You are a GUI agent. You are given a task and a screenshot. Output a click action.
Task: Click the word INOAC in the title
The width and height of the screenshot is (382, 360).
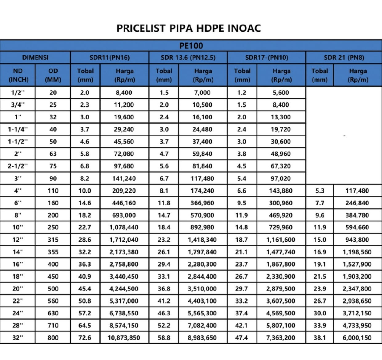pyautogui.click(x=244, y=28)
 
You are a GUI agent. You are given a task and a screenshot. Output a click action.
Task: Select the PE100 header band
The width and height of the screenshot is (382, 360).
pyautogui.click(x=191, y=46)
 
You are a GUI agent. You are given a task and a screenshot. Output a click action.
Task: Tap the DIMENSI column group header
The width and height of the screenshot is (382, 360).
pyautogui.click(x=35, y=57)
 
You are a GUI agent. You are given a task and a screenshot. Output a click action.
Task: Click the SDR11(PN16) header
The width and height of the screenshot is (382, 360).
pyautogui.click(x=110, y=57)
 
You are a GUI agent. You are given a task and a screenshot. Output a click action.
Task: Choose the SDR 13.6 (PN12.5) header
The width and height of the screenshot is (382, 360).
pyautogui.click(x=188, y=57)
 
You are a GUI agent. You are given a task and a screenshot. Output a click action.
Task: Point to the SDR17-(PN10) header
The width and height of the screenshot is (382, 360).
pyautogui.click(x=267, y=57)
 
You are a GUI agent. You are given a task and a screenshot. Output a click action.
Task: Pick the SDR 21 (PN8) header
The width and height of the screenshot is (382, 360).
pyautogui.click(x=344, y=57)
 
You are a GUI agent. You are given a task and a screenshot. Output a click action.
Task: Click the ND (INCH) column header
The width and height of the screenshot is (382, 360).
pyautogui.click(x=18, y=75)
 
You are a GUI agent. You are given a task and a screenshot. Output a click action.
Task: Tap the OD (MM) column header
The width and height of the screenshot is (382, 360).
pyautogui.click(x=53, y=75)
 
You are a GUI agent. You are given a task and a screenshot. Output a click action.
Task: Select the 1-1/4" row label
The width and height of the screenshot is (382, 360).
pyautogui.click(x=18, y=129)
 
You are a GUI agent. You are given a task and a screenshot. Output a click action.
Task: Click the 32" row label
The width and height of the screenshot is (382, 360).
pyautogui.click(x=18, y=338)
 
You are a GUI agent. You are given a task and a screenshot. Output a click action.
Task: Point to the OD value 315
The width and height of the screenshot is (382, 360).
pyautogui.click(x=53, y=240)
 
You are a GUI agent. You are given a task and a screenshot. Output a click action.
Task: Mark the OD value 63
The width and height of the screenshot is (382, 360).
pyautogui.click(x=53, y=154)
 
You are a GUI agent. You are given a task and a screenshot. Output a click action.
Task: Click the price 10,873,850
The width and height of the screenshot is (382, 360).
pyautogui.click(x=124, y=338)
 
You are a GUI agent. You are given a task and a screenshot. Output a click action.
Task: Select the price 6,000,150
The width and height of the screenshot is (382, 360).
pyautogui.click(x=357, y=338)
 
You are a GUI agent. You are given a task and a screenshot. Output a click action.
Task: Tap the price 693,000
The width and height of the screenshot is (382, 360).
pyautogui.click(x=124, y=215)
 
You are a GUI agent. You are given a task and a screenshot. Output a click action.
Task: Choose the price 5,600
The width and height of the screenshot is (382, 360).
pyautogui.click(x=281, y=93)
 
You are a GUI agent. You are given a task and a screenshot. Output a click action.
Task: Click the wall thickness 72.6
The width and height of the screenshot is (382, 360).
pyautogui.click(x=85, y=338)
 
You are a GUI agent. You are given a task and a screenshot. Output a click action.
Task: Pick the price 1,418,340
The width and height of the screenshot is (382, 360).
pyautogui.click(x=202, y=240)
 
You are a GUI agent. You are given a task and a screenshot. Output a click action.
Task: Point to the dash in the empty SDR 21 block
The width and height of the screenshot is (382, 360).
pyautogui.click(x=344, y=136)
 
